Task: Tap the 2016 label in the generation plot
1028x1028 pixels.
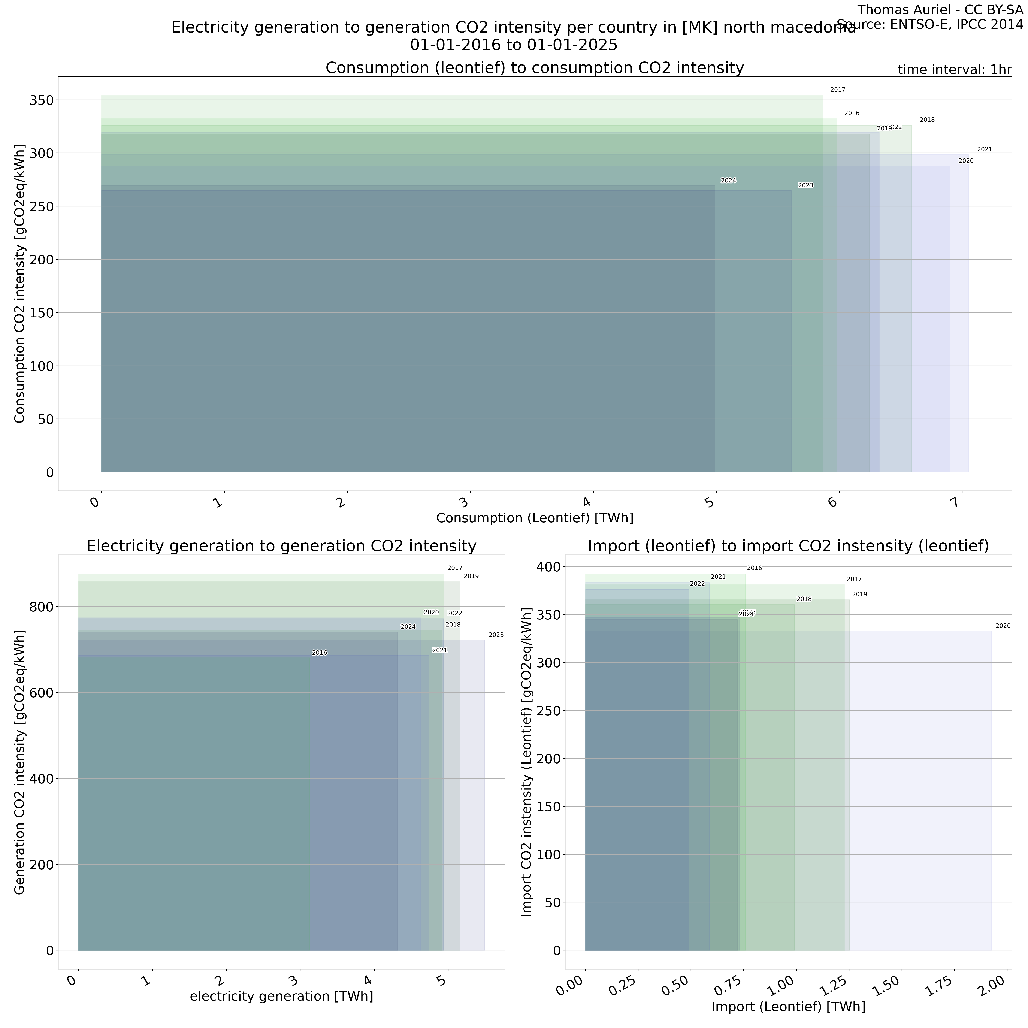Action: (x=319, y=653)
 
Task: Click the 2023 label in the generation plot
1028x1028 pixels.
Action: (x=496, y=635)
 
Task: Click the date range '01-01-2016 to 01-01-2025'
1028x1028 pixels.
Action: (x=514, y=45)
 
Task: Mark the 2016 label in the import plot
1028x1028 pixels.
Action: (x=755, y=568)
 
